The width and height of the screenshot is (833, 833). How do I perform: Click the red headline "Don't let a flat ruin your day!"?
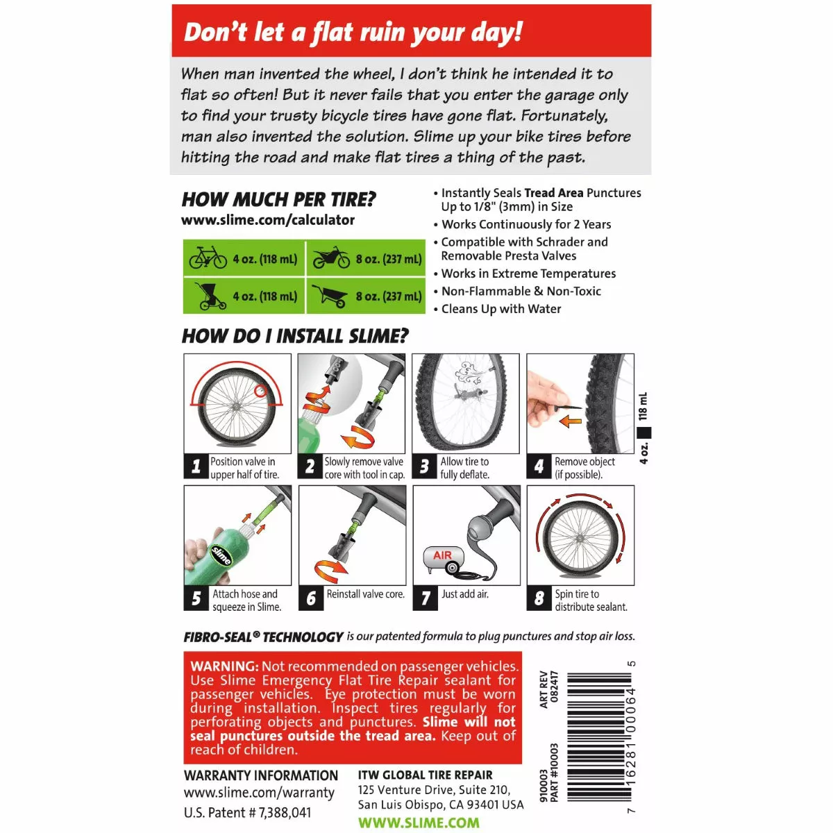tap(353, 33)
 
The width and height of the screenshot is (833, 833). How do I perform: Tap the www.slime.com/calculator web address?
tap(268, 220)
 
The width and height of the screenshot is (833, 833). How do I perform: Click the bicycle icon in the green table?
tap(208, 258)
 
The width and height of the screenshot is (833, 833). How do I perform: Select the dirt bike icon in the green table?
tap(331, 258)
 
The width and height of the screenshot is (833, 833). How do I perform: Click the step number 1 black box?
tap(196, 466)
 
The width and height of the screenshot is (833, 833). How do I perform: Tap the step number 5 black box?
tap(196, 598)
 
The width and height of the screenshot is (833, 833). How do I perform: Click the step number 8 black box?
tap(539, 598)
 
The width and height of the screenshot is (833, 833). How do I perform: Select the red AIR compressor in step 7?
tap(444, 559)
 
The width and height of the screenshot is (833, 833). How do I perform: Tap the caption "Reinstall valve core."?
tap(365, 594)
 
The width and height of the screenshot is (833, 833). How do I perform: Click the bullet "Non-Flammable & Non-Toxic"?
tap(521, 292)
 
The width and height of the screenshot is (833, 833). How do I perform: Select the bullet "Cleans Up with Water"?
tap(501, 309)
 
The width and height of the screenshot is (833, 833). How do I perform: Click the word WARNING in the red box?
tap(224, 666)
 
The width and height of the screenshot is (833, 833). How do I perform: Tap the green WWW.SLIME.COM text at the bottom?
tap(419, 823)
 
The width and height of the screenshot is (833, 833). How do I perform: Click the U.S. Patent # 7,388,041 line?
tap(247, 812)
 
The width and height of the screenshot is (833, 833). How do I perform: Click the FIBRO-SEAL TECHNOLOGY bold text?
tap(263, 637)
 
